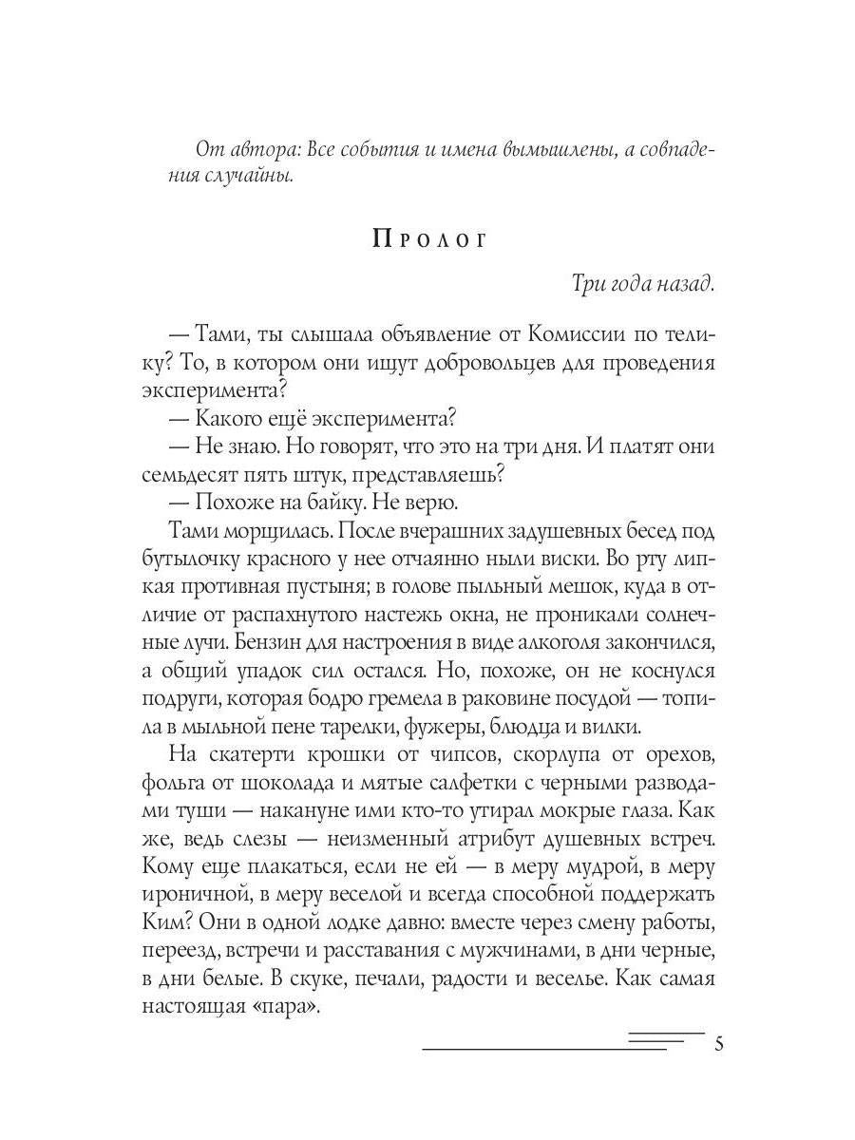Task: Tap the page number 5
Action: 718,1045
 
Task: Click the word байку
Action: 344,503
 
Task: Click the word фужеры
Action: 496,727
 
